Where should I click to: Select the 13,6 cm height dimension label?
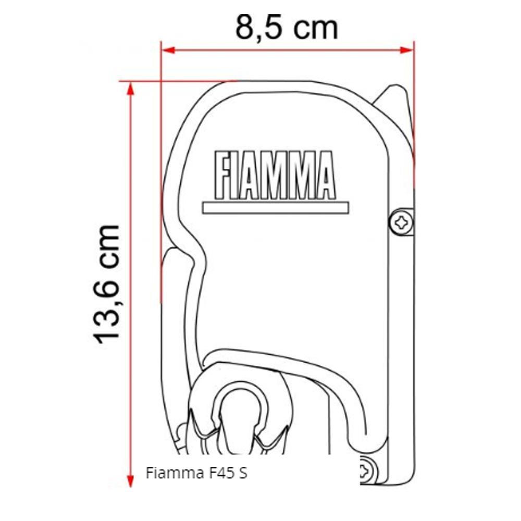coord(108,284)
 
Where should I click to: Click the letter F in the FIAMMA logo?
coord(220,175)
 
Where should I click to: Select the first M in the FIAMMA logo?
coord(274,175)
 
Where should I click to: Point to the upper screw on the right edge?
coord(402,223)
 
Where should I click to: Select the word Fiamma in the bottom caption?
coord(172,474)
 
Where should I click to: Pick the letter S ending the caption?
coord(243,474)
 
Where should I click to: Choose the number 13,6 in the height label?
coord(108,310)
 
